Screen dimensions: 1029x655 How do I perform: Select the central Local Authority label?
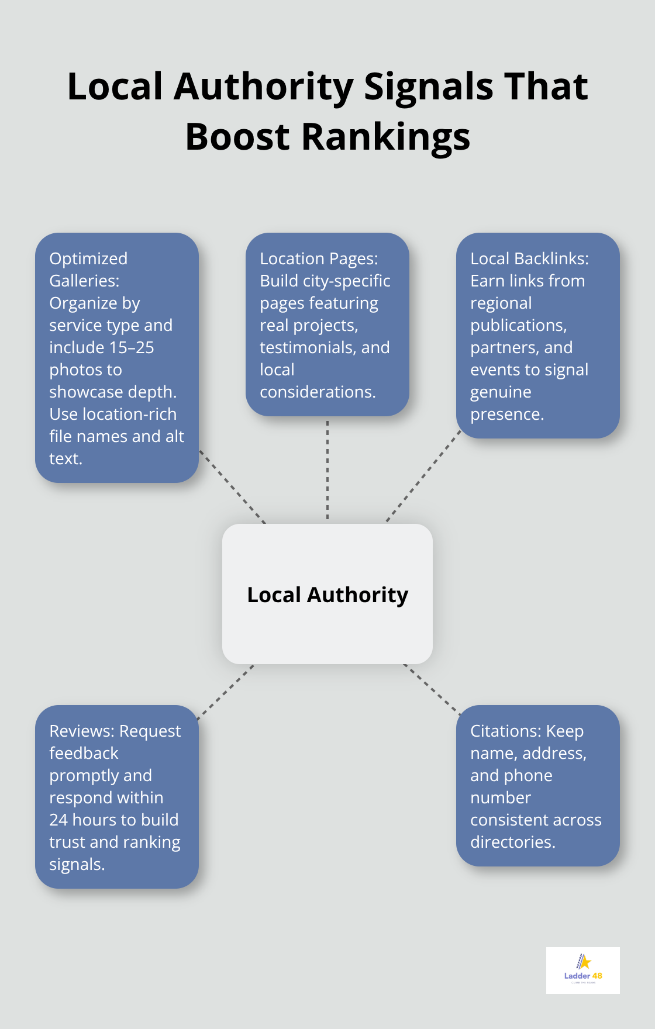[x=327, y=595]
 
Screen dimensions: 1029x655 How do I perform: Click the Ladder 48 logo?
[x=582, y=970]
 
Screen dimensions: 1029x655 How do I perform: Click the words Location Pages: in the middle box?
[x=319, y=258]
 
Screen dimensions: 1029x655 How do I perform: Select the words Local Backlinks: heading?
[x=529, y=258]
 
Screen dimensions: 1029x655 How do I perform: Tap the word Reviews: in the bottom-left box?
[x=82, y=731]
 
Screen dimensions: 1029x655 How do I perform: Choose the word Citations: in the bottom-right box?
[x=505, y=731]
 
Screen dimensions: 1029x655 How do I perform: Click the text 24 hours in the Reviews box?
[x=83, y=820]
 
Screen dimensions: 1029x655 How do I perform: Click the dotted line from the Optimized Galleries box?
[x=232, y=486]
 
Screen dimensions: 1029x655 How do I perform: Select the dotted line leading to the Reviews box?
[x=225, y=692]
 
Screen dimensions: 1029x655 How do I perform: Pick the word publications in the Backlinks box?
[x=518, y=325]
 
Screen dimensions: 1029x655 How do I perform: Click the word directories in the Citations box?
[x=512, y=842]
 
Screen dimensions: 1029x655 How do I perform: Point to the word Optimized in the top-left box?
[x=88, y=258]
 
